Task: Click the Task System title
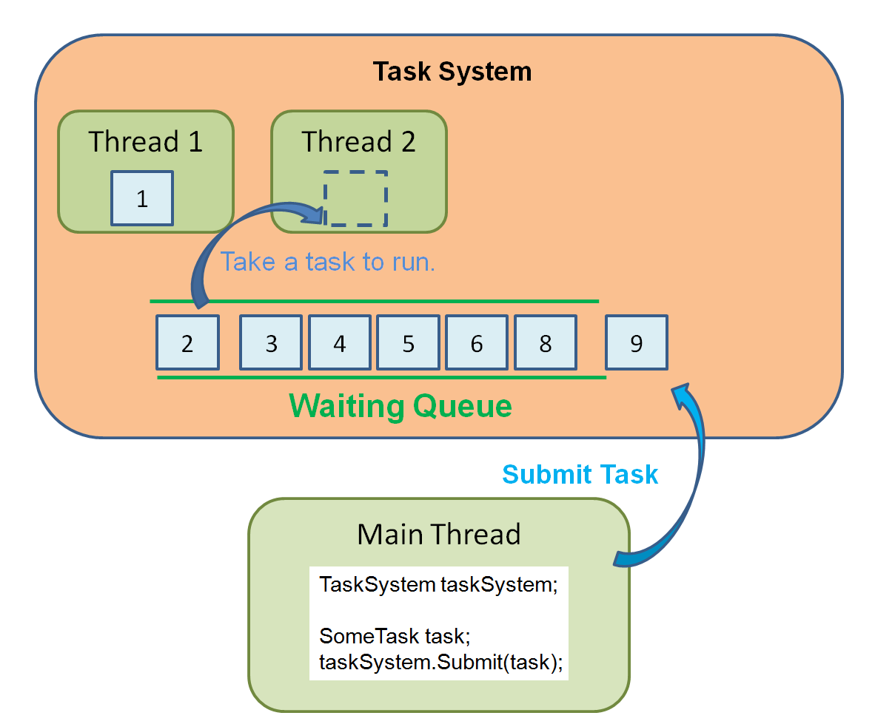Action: point(452,72)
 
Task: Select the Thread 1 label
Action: point(145,141)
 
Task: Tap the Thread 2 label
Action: point(358,141)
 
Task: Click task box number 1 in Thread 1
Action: point(142,198)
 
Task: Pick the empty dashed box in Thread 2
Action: point(356,198)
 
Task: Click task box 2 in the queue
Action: point(187,342)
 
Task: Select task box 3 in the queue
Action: point(271,342)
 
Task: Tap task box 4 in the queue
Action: point(340,342)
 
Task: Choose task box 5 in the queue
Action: point(409,342)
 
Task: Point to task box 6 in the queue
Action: point(477,342)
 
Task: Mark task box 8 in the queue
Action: point(546,342)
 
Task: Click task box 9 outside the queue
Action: point(637,342)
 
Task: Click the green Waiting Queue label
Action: point(400,406)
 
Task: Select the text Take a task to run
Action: point(328,262)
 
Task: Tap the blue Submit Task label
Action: point(580,474)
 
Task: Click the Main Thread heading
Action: point(439,534)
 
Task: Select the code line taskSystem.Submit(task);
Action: point(441,662)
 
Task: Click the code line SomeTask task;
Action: point(395,636)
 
